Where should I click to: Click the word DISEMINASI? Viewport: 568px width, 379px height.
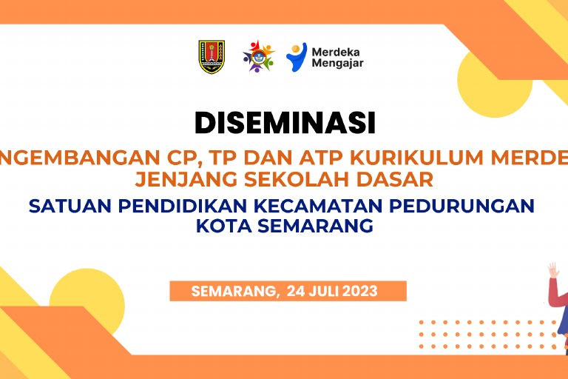pos(285,123)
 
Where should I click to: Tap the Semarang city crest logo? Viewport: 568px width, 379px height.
pos(212,56)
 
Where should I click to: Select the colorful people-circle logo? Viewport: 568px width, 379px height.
pos(258,56)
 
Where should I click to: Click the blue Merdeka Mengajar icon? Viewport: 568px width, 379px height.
pos(296,56)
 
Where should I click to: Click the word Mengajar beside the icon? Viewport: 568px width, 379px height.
pos(338,64)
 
